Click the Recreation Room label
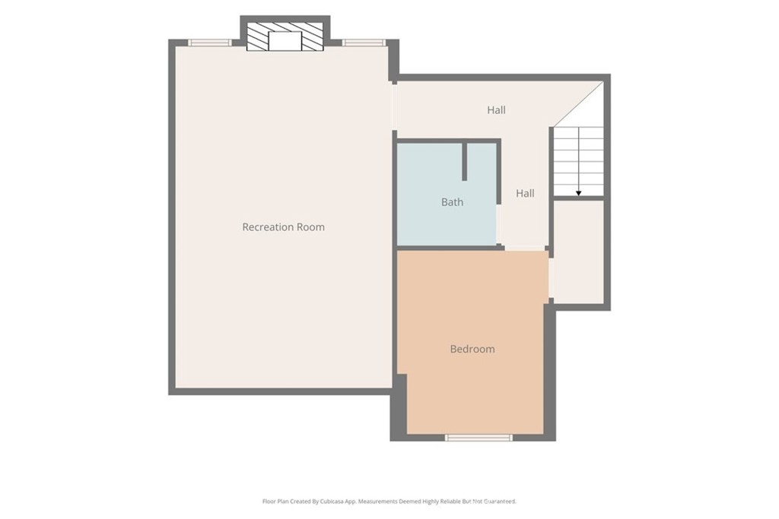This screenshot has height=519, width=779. (x=283, y=226)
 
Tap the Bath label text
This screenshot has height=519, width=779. (x=452, y=202)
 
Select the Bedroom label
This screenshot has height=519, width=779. (x=472, y=349)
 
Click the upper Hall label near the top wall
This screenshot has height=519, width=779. (x=496, y=109)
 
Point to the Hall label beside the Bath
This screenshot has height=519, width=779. (x=525, y=193)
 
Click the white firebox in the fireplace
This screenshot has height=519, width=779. (x=285, y=41)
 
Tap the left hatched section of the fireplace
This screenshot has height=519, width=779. (x=257, y=36)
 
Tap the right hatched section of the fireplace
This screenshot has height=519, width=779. (x=312, y=36)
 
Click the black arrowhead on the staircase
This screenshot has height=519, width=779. (x=579, y=193)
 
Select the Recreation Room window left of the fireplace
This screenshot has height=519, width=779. (x=210, y=43)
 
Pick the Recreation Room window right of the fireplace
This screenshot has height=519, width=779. (x=364, y=43)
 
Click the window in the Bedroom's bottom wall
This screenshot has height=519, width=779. (x=478, y=438)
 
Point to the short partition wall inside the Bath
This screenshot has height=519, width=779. (x=465, y=162)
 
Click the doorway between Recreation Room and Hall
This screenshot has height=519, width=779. (x=395, y=107)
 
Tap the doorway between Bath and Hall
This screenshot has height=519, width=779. (x=498, y=223)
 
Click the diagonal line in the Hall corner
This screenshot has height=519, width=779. (x=578, y=103)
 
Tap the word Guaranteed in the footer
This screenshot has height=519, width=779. (x=500, y=502)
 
